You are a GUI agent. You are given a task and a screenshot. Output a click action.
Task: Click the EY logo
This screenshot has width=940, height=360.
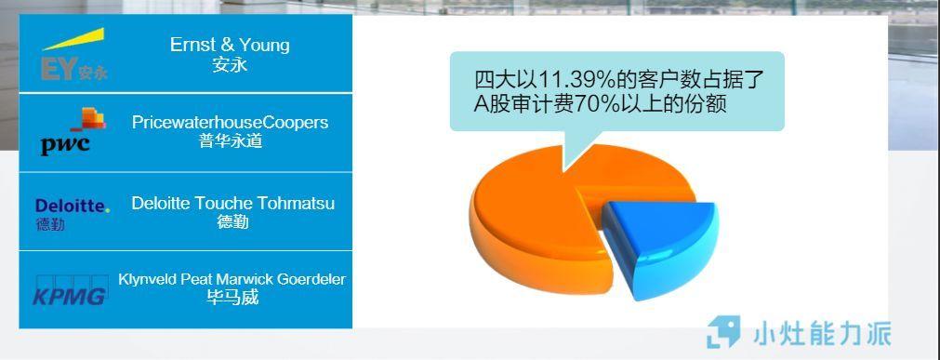[73, 56]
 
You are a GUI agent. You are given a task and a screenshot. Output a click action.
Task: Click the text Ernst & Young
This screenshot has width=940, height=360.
[230, 45]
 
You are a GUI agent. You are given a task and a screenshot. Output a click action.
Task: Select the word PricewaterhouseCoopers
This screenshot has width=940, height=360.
[230, 122]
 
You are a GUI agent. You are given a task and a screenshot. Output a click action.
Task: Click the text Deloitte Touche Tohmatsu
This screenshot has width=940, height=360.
[232, 203]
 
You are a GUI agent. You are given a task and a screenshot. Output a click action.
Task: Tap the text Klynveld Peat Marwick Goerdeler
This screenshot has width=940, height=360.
[232, 279]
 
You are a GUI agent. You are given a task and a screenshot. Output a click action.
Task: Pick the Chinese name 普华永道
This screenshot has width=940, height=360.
[231, 141]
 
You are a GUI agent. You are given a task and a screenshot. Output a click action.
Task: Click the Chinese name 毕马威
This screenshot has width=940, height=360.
[232, 298]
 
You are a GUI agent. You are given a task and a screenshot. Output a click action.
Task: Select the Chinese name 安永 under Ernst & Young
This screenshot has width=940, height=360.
[230, 64]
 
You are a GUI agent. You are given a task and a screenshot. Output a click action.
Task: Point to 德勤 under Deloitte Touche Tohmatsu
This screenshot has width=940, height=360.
[232, 221]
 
